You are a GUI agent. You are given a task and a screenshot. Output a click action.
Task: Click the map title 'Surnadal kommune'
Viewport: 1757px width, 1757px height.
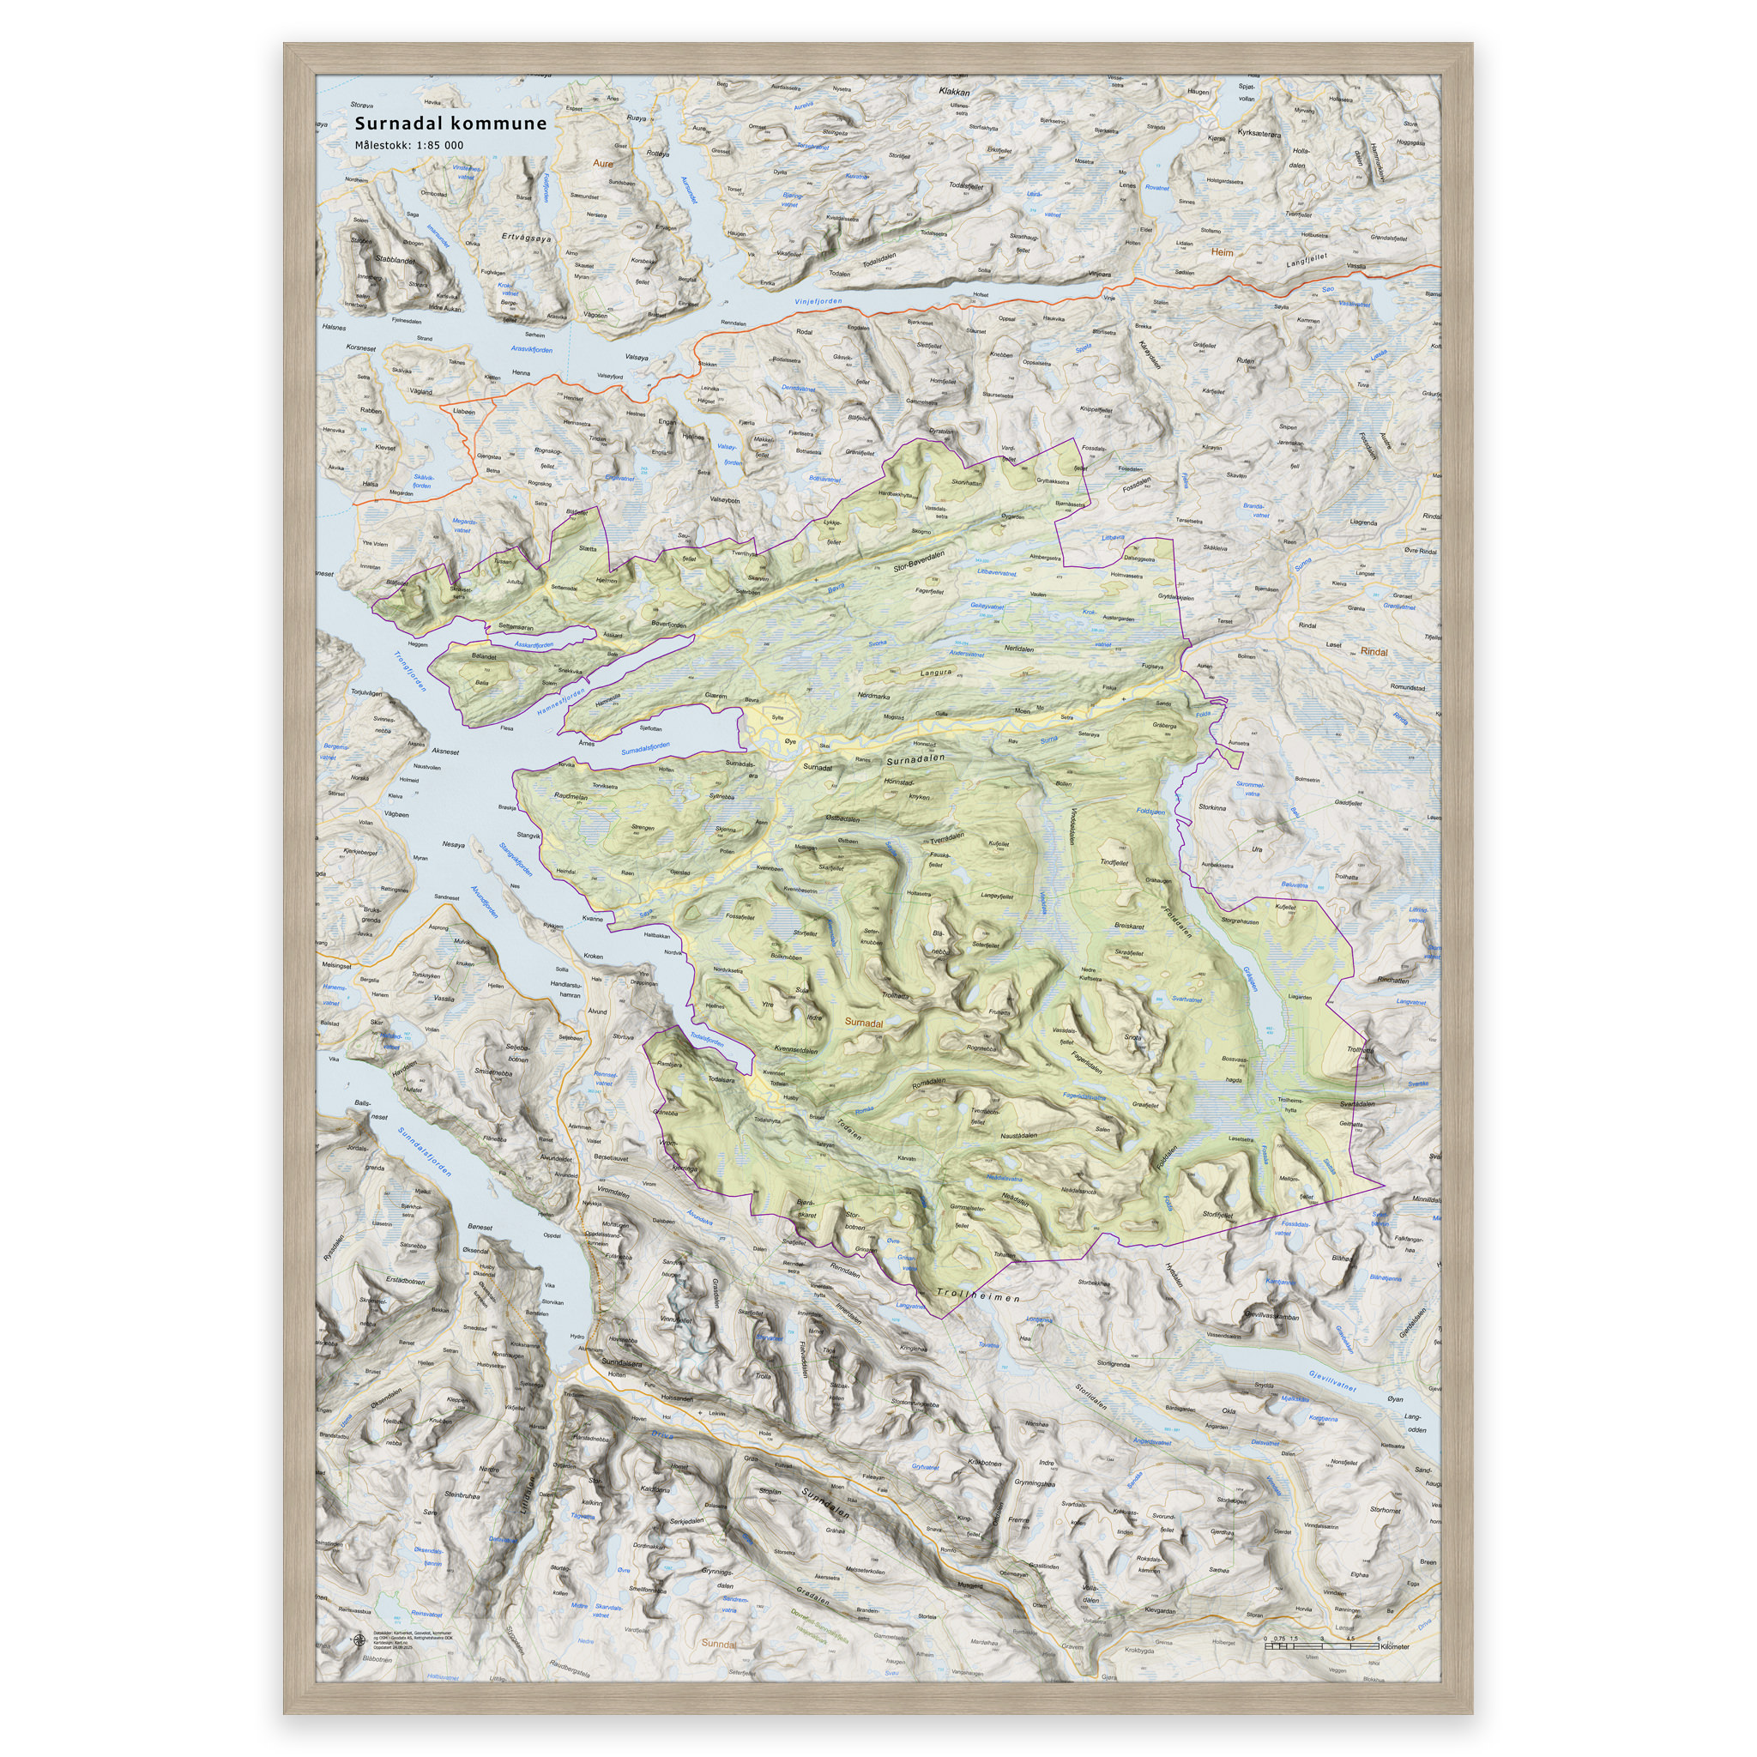(450, 124)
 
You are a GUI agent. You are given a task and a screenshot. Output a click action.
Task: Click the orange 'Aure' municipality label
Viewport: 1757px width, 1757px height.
(602, 164)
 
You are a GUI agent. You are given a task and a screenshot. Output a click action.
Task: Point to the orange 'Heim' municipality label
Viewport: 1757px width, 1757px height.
(1223, 252)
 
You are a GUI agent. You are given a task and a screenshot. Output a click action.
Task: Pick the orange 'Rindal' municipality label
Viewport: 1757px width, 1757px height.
(1374, 652)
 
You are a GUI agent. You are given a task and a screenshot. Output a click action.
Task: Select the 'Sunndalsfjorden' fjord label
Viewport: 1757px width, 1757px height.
(425, 1152)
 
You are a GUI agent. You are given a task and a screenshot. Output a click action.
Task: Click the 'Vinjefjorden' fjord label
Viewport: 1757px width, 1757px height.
(818, 301)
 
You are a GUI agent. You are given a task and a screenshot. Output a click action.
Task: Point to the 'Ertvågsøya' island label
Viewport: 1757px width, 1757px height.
(527, 238)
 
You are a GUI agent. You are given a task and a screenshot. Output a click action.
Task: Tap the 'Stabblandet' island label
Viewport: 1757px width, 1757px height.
(394, 260)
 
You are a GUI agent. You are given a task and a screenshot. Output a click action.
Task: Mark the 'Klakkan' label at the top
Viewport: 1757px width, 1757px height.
(955, 92)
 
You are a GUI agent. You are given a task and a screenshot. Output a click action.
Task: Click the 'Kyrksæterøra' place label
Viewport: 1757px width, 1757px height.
(1259, 134)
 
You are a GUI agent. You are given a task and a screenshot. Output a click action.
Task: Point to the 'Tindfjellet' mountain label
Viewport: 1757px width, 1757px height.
(1114, 862)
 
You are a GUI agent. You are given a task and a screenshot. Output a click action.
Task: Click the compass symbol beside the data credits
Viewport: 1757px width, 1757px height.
(357, 1641)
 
